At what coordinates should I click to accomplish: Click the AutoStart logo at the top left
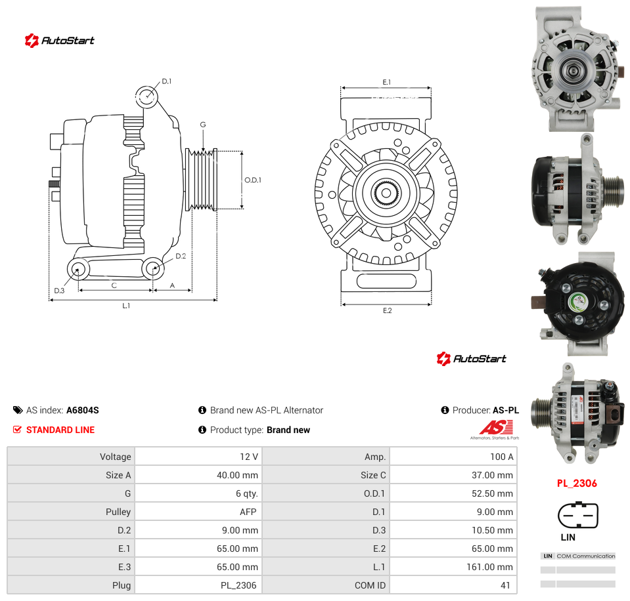coord(59,40)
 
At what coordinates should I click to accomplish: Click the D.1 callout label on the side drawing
coord(167,81)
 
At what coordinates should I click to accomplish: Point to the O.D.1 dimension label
coord(253,180)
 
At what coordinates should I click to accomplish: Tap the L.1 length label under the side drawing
coord(126,306)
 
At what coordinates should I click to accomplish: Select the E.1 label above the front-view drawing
coord(386,82)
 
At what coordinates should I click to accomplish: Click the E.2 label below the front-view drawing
coord(388,310)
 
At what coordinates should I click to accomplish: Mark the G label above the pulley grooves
coord(203,125)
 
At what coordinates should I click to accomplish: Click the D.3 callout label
coord(59,291)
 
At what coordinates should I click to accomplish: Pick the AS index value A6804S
coord(82,410)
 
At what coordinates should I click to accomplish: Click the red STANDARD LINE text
coord(60,430)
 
